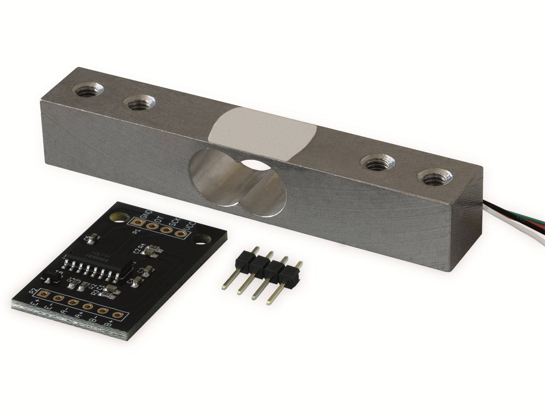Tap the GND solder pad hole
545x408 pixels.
(x=138, y=223)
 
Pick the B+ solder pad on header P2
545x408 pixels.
(x=117, y=316)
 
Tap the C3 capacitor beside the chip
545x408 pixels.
(x=147, y=271)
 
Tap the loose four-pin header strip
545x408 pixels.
(x=269, y=272)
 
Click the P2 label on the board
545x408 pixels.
(x=33, y=292)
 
